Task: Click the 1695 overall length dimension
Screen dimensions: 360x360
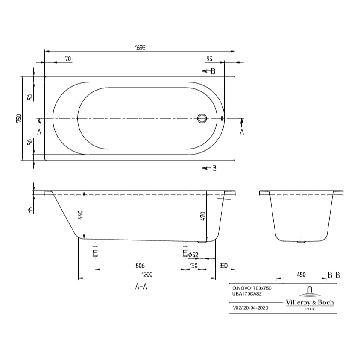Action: tap(140, 48)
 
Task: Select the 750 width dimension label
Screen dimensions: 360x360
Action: tap(19, 119)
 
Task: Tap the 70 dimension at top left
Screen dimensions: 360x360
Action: tap(68, 59)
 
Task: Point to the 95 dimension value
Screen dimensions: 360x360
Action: tap(209, 59)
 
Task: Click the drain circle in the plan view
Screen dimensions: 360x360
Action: tap(202, 118)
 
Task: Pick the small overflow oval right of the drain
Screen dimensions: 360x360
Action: tap(222, 118)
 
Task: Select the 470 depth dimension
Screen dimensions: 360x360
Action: tap(203, 216)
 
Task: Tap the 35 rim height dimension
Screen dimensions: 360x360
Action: tap(30, 209)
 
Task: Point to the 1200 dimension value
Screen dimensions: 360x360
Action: tap(147, 275)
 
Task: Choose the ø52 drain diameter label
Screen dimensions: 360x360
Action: tap(193, 255)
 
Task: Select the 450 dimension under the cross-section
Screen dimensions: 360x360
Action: tap(301, 275)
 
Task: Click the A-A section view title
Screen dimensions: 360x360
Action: tap(141, 287)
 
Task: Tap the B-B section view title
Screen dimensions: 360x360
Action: tap(334, 275)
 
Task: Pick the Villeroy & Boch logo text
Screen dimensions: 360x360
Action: tap(310, 302)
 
